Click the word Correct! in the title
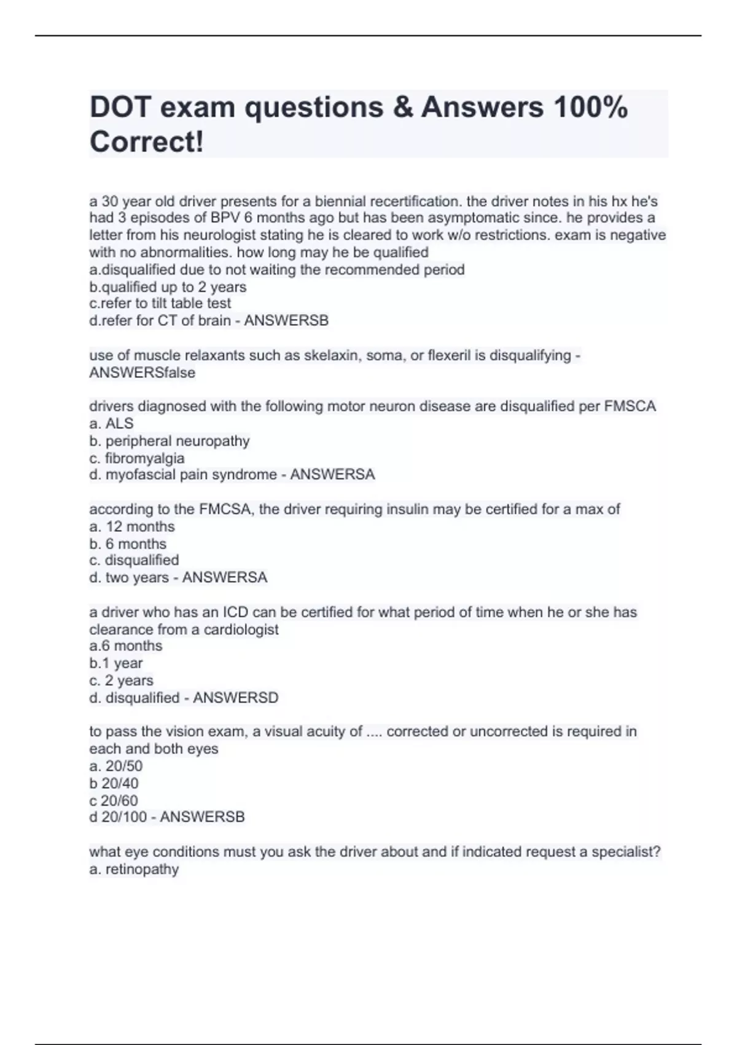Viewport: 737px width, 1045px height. [147, 142]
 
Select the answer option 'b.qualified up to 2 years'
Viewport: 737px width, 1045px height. [168, 287]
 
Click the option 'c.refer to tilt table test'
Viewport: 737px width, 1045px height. [160, 304]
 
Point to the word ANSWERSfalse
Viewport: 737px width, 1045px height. [142, 373]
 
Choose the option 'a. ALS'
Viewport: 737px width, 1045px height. [111, 424]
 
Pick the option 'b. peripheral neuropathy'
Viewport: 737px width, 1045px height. [170, 441]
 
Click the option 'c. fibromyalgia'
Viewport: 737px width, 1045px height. [137, 458]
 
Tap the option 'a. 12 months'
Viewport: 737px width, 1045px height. [132, 527]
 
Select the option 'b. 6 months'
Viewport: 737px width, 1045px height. [128, 544]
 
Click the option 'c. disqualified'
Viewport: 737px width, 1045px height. [135, 561]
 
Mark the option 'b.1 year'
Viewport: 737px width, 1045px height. [116, 663]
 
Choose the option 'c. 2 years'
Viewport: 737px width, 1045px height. [122, 680]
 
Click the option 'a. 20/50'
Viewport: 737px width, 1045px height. [116, 767]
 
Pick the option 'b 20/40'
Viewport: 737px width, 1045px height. [114, 784]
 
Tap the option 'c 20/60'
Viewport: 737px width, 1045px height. [114, 800]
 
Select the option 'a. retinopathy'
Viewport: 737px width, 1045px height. [135, 869]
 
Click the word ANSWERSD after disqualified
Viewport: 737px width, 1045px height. [236, 698]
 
